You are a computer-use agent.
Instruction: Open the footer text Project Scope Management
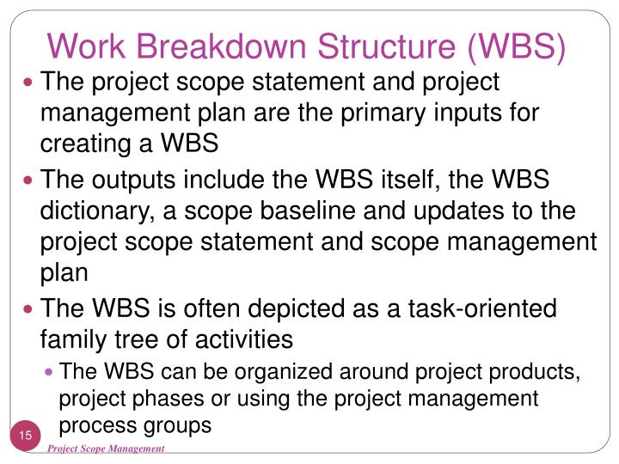coord(106,449)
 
